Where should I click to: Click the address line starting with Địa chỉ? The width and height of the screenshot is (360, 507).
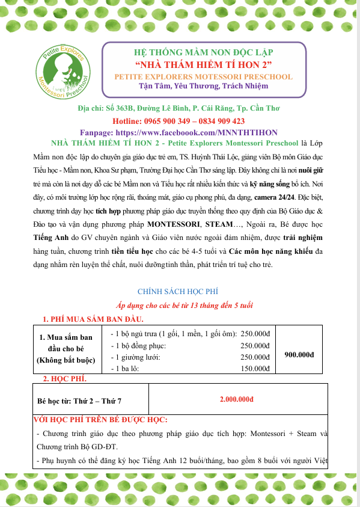(179, 109)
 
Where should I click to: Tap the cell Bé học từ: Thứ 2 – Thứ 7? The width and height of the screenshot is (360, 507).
(82, 399)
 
